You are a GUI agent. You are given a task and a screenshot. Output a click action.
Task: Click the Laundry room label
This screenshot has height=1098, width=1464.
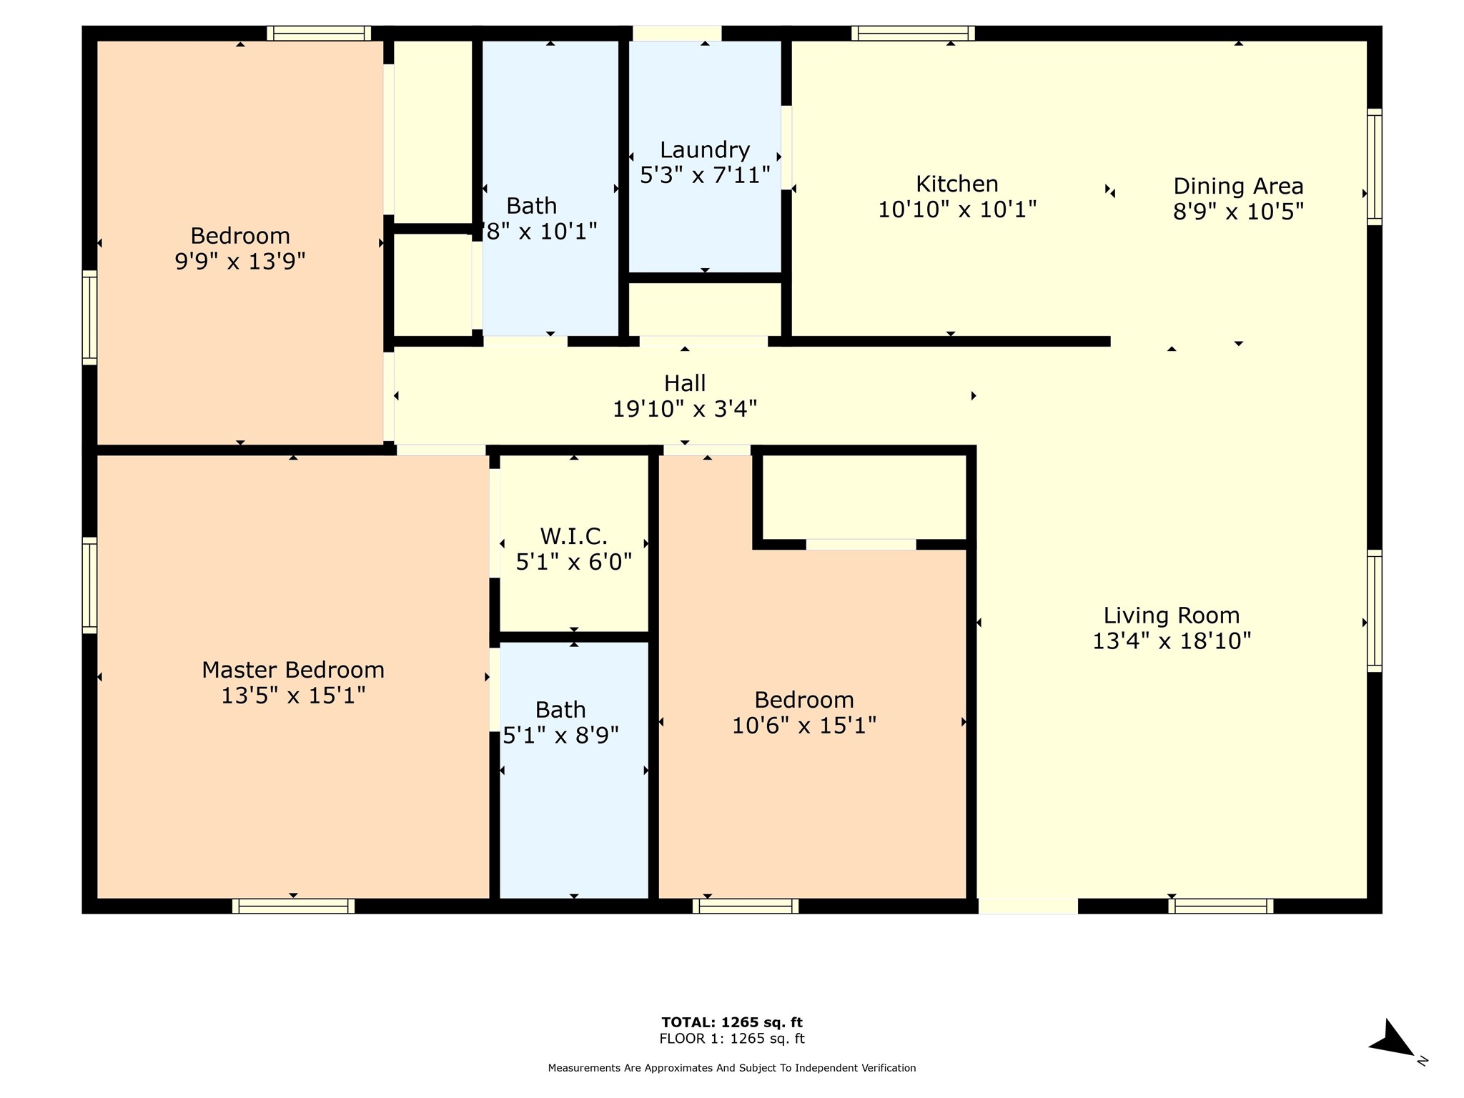(x=704, y=150)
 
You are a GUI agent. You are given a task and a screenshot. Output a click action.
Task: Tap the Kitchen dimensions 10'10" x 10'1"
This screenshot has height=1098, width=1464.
(x=957, y=209)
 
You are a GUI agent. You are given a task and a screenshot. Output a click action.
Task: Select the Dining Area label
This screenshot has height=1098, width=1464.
(x=1238, y=186)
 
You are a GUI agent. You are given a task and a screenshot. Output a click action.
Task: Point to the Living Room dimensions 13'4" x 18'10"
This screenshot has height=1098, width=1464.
(x=1172, y=640)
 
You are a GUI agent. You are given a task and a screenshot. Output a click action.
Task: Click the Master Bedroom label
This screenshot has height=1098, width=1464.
(x=293, y=670)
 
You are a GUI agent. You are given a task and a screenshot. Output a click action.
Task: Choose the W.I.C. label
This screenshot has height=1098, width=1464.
(x=573, y=535)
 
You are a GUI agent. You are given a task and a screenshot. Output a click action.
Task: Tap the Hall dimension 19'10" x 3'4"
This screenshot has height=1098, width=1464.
(x=685, y=409)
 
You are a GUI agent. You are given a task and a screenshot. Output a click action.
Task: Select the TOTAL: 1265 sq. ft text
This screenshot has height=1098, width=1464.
(x=732, y=1022)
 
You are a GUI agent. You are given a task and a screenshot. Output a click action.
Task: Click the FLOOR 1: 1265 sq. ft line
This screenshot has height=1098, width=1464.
(x=732, y=1039)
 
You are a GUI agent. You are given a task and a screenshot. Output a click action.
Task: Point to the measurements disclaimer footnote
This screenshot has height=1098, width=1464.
(x=732, y=1068)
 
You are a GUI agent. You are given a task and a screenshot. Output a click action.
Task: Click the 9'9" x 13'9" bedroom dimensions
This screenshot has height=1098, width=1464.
(x=240, y=262)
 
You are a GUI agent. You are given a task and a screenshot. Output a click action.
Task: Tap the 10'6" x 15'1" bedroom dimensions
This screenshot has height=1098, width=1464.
(x=804, y=726)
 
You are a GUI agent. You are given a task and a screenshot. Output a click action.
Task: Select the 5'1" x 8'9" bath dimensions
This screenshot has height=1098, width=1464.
(x=560, y=735)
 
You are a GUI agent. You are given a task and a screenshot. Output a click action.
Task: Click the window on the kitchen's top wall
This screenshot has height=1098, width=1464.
(x=913, y=34)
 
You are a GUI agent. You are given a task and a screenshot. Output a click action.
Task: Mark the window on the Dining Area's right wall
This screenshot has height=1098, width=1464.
(x=1375, y=167)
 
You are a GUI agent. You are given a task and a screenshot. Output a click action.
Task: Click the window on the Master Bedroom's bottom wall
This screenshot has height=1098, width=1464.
(x=293, y=906)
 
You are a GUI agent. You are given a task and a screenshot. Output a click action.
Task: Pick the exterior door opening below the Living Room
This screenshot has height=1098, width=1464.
(x=1028, y=906)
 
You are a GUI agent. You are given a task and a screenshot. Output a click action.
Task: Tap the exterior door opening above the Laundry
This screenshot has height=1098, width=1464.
(x=677, y=34)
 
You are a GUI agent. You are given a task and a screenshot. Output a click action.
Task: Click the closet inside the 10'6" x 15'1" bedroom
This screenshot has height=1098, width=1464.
(x=864, y=498)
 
